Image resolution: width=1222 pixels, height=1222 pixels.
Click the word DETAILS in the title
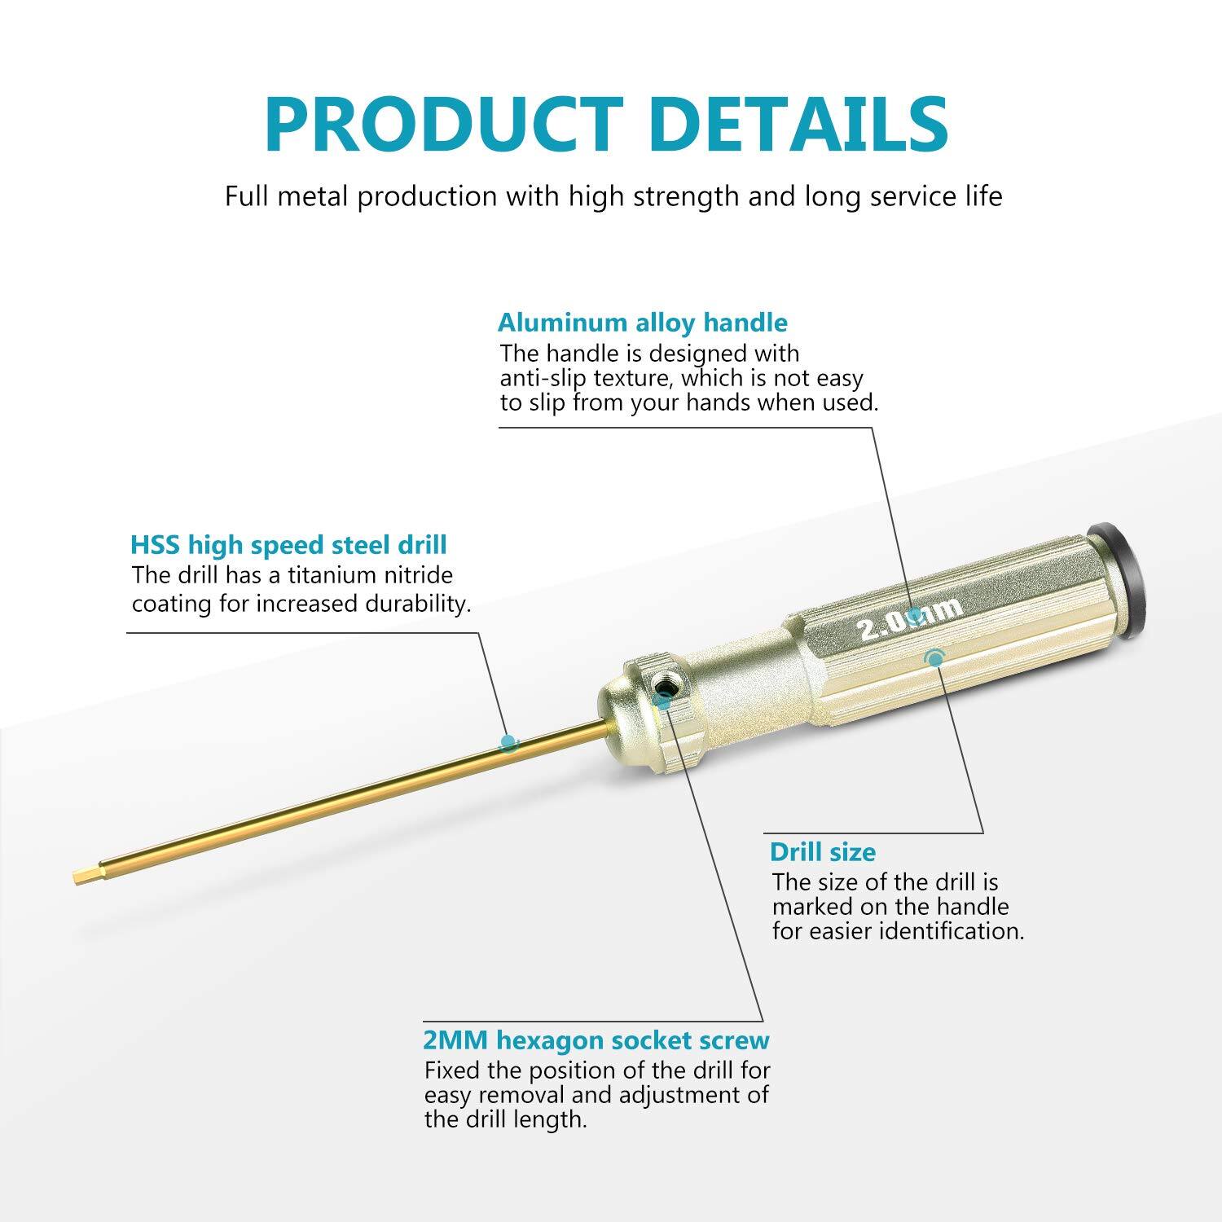(802, 124)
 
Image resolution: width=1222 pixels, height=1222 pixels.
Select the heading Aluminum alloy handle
(642, 323)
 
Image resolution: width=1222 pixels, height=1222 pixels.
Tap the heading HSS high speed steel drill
(288, 545)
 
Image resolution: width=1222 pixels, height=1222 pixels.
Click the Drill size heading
(823, 852)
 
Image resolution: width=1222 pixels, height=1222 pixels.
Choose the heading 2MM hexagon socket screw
(596, 1040)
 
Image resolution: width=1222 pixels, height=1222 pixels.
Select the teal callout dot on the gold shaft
(509, 742)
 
